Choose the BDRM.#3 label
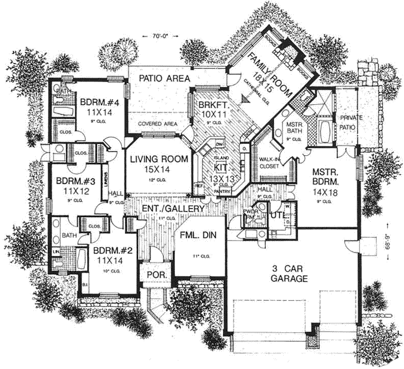click(x=72, y=181)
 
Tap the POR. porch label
click(x=154, y=276)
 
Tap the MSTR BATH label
click(x=293, y=128)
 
